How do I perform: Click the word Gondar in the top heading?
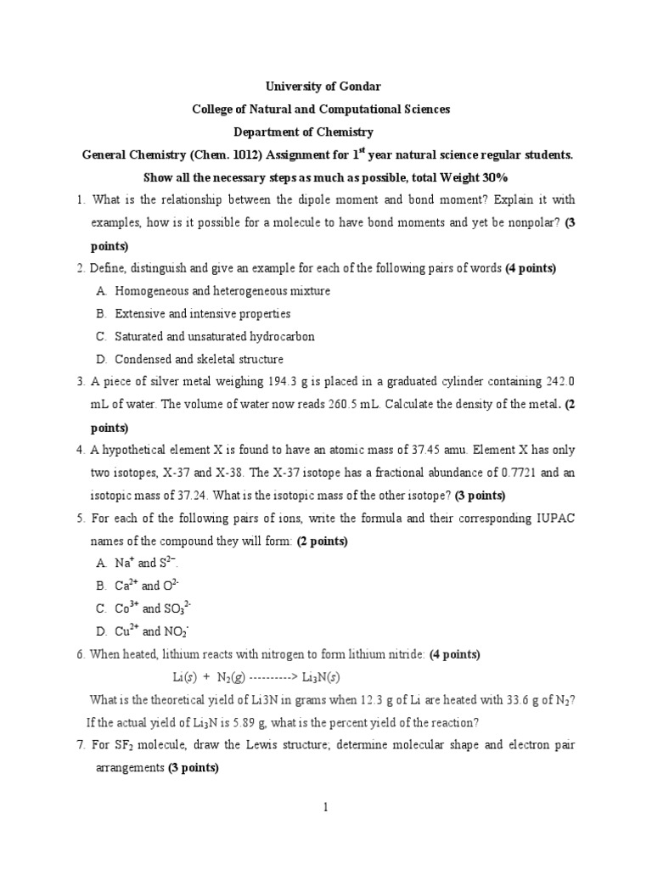pos(359,87)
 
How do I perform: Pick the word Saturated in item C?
pos(139,337)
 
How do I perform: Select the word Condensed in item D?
pos(142,360)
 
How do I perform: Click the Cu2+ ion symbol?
pos(126,631)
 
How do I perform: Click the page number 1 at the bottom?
pos(326,807)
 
